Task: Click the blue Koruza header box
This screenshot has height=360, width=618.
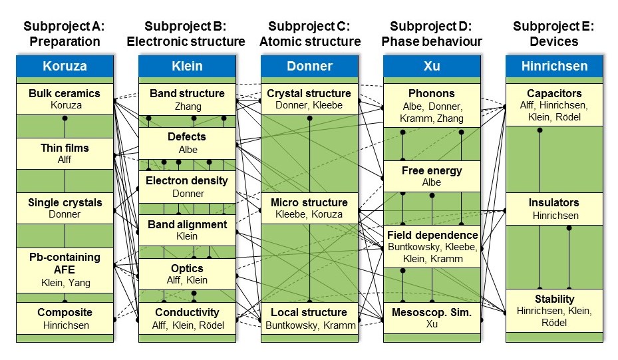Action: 65,67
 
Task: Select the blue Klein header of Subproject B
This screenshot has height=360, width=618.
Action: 188,67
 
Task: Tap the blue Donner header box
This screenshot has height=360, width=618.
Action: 309,67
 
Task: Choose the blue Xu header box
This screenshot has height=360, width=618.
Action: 432,67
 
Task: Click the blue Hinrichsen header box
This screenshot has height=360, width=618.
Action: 555,67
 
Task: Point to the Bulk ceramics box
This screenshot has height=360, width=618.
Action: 65,99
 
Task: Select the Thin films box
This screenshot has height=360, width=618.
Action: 65,154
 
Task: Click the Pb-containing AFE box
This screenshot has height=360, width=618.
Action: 65,270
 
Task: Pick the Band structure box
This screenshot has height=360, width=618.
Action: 188,99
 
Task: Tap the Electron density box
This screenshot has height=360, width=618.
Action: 188,187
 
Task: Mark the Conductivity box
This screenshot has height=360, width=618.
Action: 188,319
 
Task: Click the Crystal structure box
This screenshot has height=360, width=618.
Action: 309,99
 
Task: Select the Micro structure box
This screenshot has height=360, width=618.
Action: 309,208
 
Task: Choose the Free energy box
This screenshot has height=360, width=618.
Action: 432,176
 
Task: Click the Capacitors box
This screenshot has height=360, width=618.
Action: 555,104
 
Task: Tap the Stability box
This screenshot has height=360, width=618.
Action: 555,310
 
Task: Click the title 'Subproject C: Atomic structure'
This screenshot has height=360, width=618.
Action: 309,34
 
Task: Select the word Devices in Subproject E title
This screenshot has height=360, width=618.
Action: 554,41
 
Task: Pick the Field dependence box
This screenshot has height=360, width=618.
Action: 432,247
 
